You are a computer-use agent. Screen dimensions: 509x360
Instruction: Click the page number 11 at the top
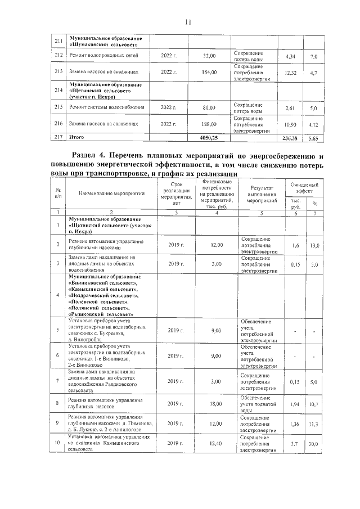pyautogui.click(x=188, y=22)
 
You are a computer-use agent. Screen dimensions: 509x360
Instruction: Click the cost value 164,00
pyautogui.click(x=209, y=73)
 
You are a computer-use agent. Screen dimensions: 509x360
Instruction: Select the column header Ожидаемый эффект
pyautogui.click(x=304, y=188)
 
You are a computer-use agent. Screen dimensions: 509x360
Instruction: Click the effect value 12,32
pyautogui.click(x=290, y=73)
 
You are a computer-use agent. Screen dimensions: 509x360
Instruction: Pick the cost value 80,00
pyautogui.click(x=209, y=107)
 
